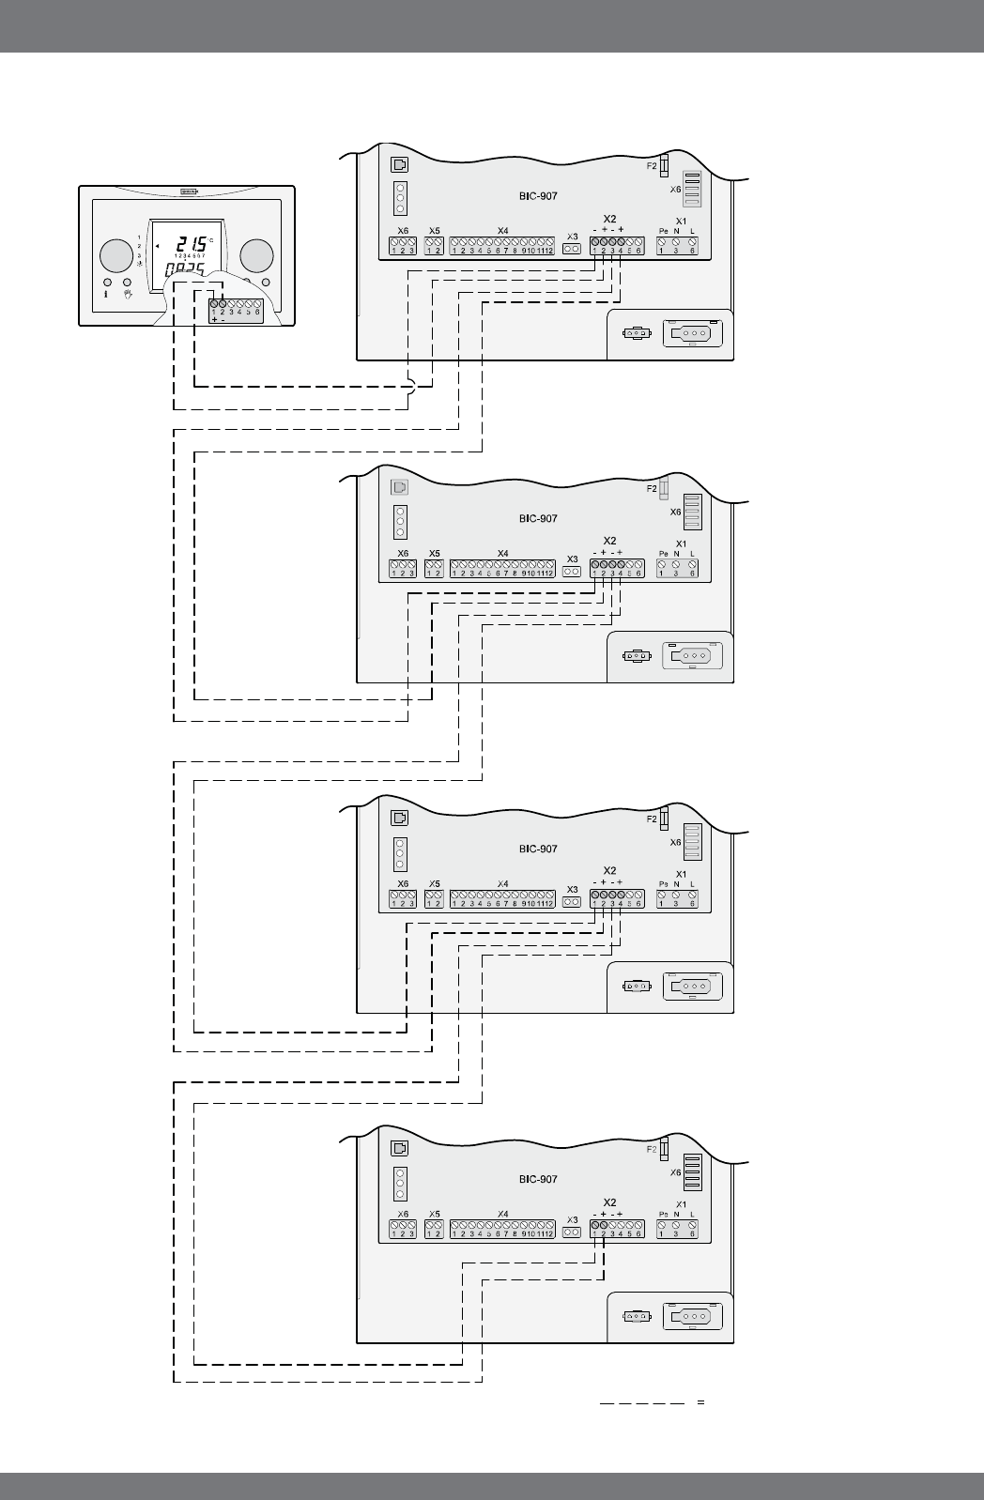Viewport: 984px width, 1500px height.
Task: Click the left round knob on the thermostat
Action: [x=115, y=255]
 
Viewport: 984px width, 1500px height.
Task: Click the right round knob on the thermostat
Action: [x=256, y=255]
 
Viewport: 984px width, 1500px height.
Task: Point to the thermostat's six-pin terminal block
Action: [x=236, y=310]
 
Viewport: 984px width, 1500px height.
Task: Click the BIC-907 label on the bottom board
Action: [x=538, y=1179]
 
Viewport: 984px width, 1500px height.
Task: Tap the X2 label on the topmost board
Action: [x=609, y=219]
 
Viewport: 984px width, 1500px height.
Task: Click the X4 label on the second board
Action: [x=502, y=554]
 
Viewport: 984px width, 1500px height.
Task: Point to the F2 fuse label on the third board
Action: [x=652, y=819]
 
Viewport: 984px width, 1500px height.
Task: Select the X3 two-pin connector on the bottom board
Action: [x=572, y=1232]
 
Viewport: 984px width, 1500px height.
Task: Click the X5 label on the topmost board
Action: [x=434, y=230]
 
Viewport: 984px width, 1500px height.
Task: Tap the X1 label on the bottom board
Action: [x=681, y=1203]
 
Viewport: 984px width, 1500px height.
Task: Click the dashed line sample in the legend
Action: [x=642, y=1403]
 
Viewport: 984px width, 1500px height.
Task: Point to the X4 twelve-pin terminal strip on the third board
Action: [x=502, y=899]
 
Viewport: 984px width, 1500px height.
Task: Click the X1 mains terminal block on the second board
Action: [x=677, y=568]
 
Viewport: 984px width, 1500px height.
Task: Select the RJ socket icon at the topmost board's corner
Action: [x=399, y=164]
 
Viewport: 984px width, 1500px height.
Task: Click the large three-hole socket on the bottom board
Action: [x=693, y=1316]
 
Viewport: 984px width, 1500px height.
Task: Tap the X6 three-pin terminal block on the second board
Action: [x=403, y=569]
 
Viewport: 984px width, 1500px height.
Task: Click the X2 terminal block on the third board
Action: [x=617, y=899]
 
